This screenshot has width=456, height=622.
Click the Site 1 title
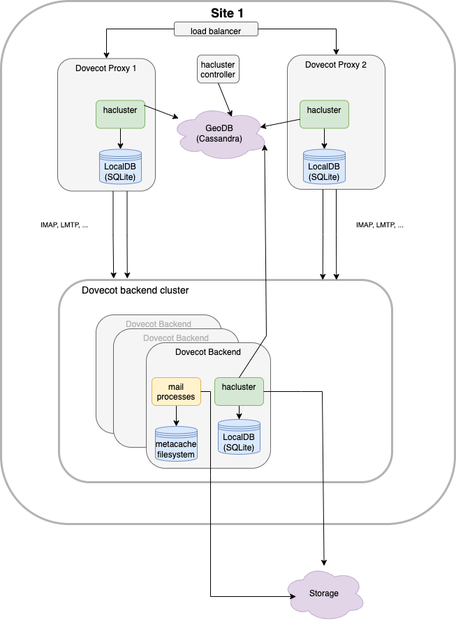pyautogui.click(x=228, y=13)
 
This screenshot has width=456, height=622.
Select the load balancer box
pyautogui.click(x=216, y=29)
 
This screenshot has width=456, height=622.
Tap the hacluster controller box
pyautogui.click(x=218, y=70)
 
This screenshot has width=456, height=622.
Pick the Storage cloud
pyautogui.click(x=323, y=593)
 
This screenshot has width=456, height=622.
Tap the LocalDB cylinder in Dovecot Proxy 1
pyautogui.click(x=121, y=167)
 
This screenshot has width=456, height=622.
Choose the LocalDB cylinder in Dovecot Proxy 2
pyautogui.click(x=324, y=167)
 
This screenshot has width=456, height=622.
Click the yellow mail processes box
pyautogui.click(x=176, y=391)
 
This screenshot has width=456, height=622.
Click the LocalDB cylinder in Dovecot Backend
pyautogui.click(x=239, y=437)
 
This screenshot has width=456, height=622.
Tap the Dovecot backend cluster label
pyautogui.click(x=135, y=290)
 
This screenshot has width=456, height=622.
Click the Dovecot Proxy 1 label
pyautogui.click(x=106, y=67)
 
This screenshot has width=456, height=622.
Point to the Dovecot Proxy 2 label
pyautogui.click(x=336, y=64)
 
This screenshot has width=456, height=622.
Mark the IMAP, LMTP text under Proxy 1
pyautogui.click(x=65, y=225)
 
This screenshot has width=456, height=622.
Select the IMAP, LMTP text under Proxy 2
pyautogui.click(x=380, y=225)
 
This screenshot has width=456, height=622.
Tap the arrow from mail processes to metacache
pyautogui.click(x=176, y=416)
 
